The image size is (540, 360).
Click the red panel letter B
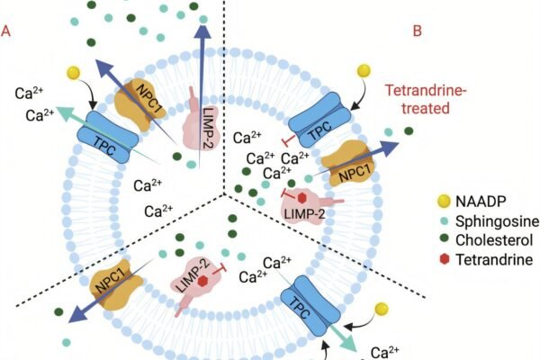(418, 31)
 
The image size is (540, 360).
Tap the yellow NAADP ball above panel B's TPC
(364, 70)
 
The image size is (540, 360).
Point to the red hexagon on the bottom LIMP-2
(204, 280)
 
